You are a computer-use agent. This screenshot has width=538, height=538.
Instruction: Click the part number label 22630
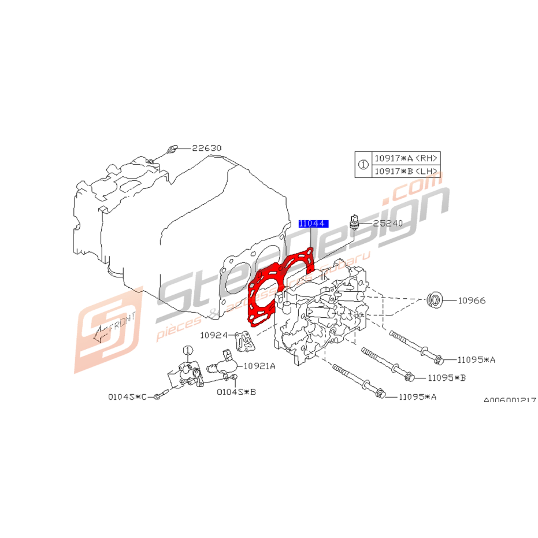point(207,148)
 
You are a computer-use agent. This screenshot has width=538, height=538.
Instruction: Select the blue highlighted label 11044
point(313,223)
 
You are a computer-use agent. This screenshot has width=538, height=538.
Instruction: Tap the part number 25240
point(388,222)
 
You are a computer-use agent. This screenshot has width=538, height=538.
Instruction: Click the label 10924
point(213,335)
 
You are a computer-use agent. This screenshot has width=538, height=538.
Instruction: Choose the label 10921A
point(259,366)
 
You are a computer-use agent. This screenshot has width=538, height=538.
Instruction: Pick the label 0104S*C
point(127,397)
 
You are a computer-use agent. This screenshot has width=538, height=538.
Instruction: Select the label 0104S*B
point(236,391)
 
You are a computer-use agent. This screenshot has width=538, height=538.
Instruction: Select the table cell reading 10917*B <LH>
point(406,172)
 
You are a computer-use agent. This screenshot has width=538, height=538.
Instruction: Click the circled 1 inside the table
point(363,165)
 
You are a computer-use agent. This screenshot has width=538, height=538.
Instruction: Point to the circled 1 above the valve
point(187,350)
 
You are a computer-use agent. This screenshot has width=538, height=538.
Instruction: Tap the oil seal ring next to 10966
point(434,300)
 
